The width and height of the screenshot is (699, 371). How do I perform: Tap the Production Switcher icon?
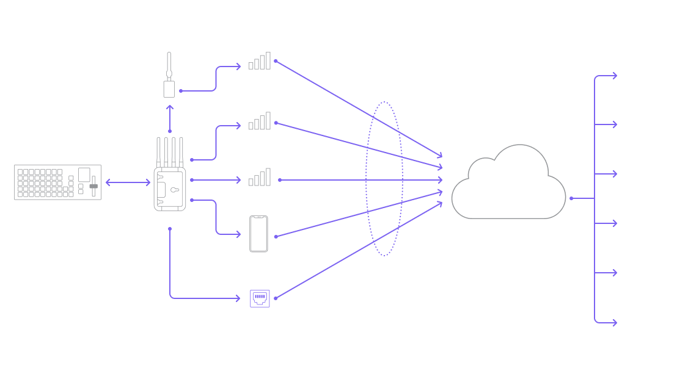point(57,181)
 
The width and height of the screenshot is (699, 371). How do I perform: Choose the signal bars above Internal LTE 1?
point(260,121)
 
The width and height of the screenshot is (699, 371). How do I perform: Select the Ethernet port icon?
point(260,298)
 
